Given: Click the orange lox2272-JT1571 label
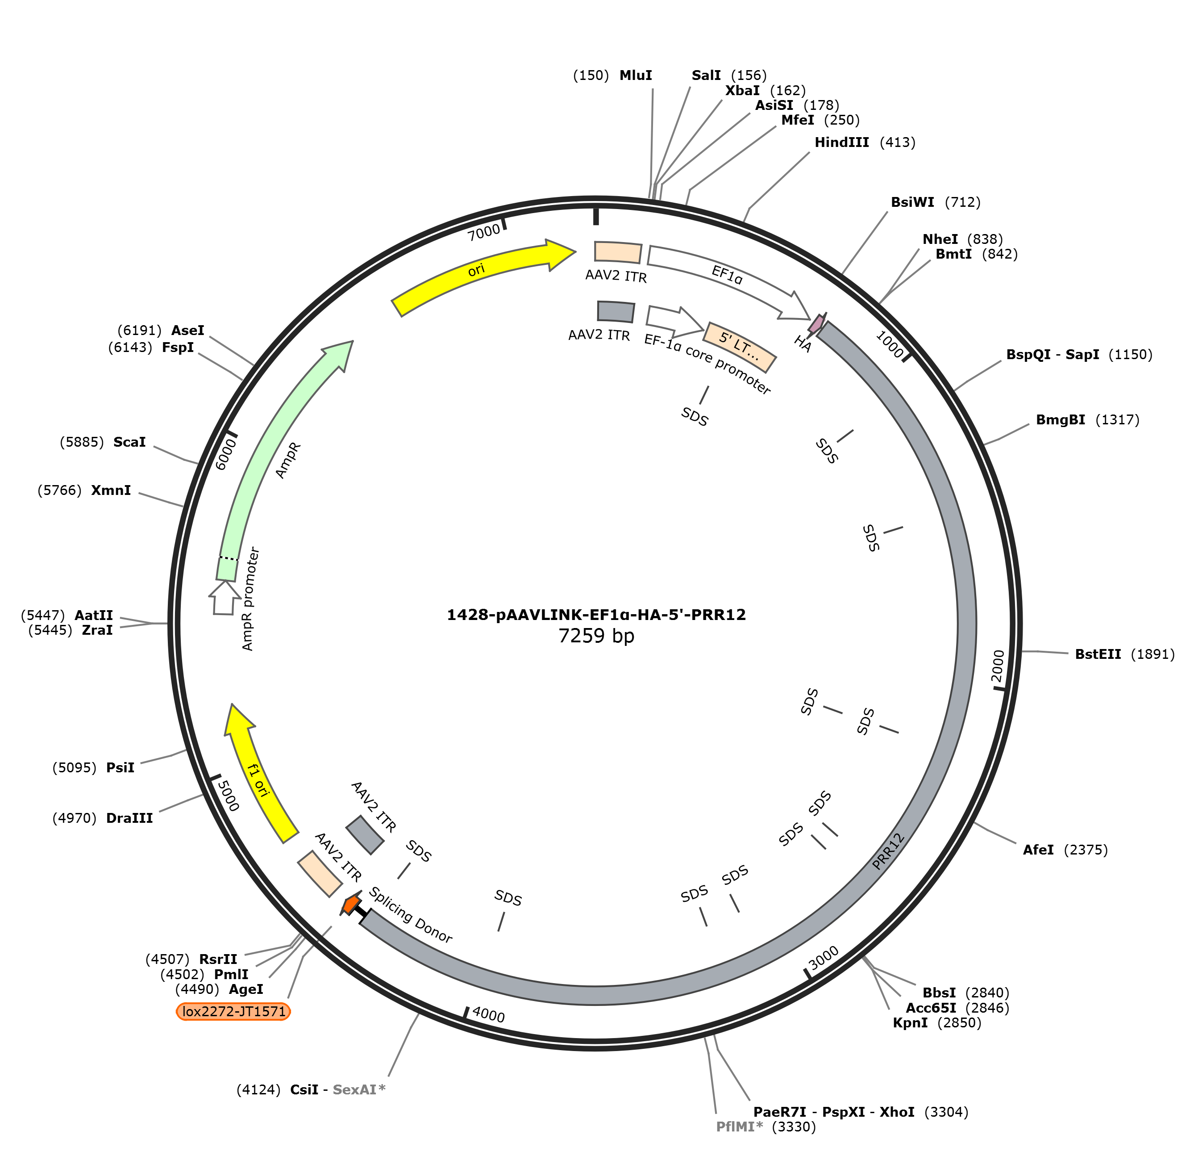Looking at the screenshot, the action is (x=233, y=1011).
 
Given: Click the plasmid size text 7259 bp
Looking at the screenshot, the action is (x=596, y=636).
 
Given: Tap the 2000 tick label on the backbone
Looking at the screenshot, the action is (x=997, y=666).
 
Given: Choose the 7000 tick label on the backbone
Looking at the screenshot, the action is (x=484, y=232).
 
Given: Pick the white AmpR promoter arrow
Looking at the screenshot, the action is (x=224, y=597).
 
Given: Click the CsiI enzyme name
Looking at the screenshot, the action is (x=304, y=1089).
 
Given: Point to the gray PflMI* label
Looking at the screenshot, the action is (x=739, y=1127).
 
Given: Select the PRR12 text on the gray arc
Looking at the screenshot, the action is (x=888, y=851).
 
